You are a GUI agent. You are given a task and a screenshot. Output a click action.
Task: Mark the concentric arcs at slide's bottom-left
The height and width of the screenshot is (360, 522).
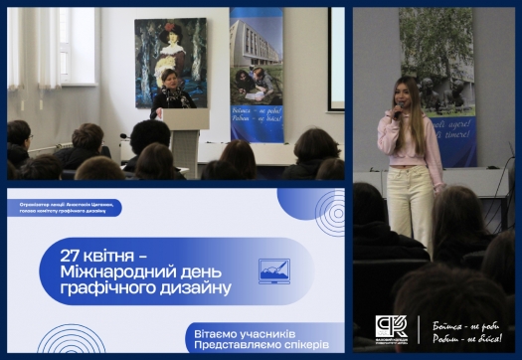click(x=70, y=343)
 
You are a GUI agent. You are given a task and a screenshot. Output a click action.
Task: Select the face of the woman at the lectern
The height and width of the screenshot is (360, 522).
click(x=168, y=79)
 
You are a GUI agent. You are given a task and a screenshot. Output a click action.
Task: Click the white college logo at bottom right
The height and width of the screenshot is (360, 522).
click(x=389, y=328)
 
